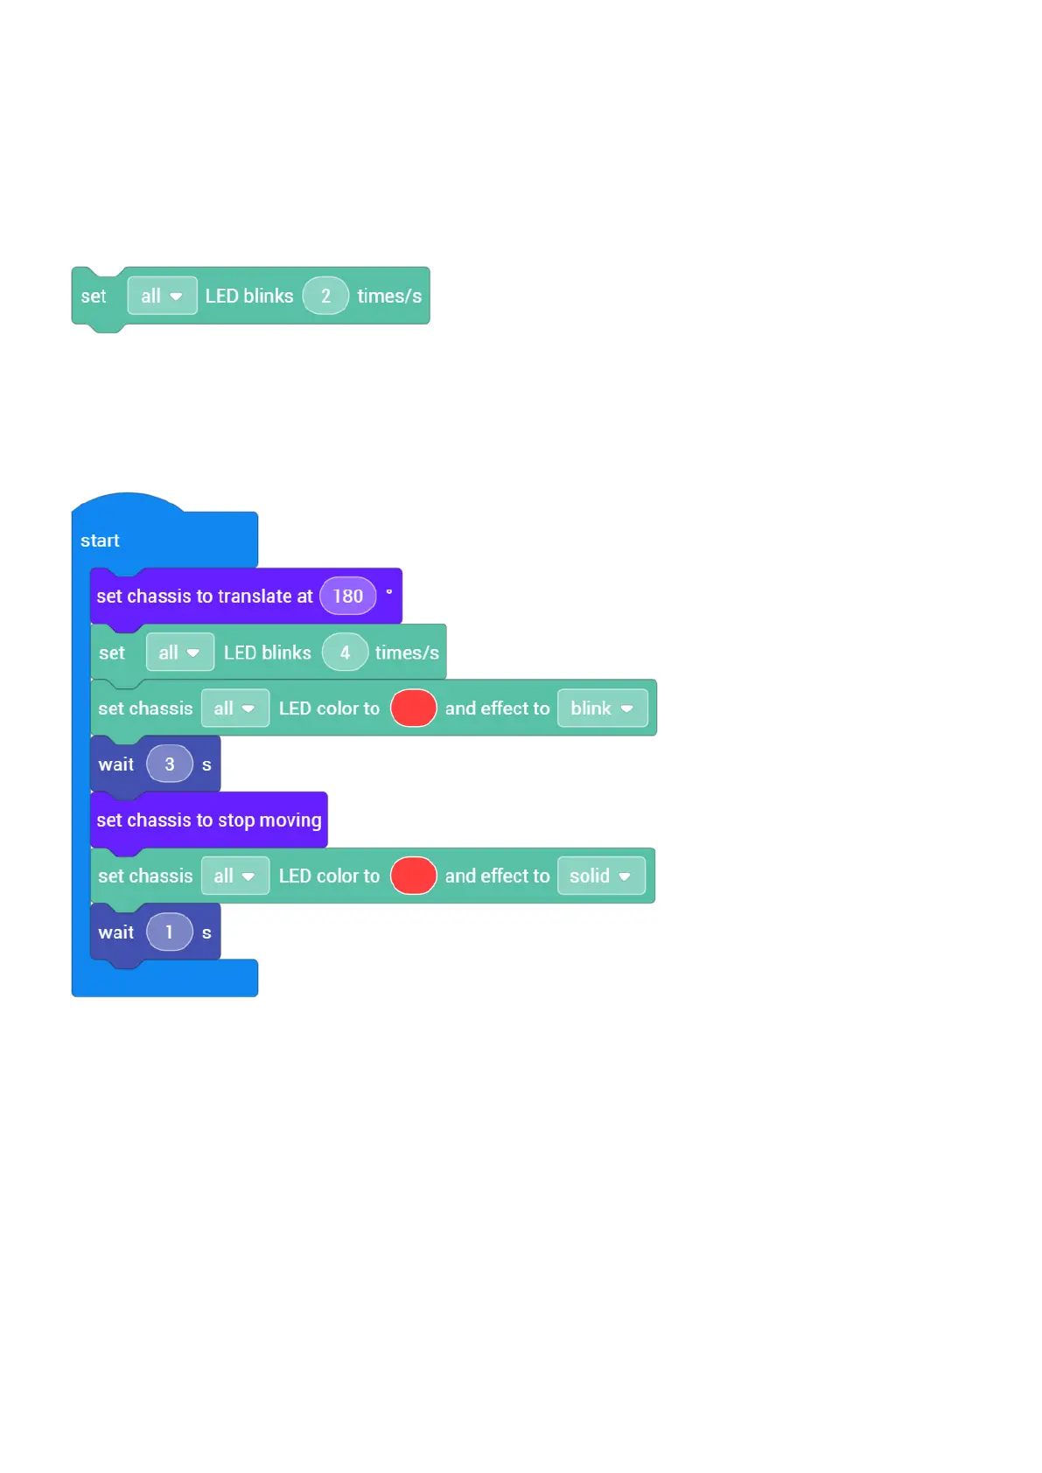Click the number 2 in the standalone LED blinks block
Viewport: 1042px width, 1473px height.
pyautogui.click(x=325, y=296)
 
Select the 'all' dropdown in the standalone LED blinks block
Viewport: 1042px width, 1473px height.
pyautogui.click(x=162, y=296)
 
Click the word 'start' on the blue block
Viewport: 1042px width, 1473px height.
pyautogui.click(x=100, y=541)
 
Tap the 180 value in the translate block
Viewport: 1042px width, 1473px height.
pyautogui.click(x=347, y=597)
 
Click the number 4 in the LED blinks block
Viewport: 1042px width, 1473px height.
pyautogui.click(x=345, y=653)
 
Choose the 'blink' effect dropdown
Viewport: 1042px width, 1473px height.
pyautogui.click(x=602, y=709)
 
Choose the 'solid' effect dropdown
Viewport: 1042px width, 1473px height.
pyautogui.click(x=600, y=876)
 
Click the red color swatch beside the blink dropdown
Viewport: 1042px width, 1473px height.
pyautogui.click(x=413, y=709)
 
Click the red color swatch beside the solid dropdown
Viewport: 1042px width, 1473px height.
pyautogui.click(x=413, y=876)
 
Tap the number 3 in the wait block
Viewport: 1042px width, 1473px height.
pyautogui.click(x=170, y=764)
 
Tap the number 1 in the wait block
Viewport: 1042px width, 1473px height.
pyautogui.click(x=170, y=932)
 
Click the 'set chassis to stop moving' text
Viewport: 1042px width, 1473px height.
pyautogui.click(x=209, y=820)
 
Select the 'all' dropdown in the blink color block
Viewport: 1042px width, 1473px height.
pyautogui.click(x=234, y=709)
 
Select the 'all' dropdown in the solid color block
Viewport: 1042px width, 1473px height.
pyautogui.click(x=234, y=876)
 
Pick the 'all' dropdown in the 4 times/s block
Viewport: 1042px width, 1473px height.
pyautogui.click(x=179, y=653)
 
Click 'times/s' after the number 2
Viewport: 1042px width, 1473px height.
pyautogui.click(x=389, y=296)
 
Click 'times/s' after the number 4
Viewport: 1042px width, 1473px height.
pyautogui.click(x=407, y=653)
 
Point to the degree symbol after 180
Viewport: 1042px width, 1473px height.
pyautogui.click(x=389, y=592)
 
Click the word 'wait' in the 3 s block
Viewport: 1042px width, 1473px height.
pyautogui.click(x=116, y=764)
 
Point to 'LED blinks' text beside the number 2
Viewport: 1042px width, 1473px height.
pyautogui.click(x=249, y=296)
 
